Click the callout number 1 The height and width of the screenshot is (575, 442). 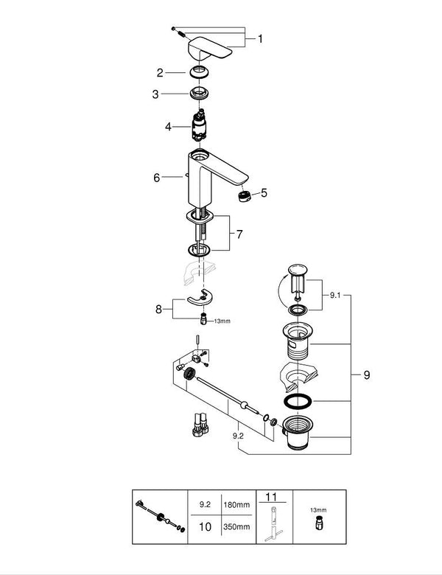[259, 38]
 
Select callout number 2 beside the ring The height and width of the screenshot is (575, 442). [158, 72]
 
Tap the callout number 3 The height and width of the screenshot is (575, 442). [155, 94]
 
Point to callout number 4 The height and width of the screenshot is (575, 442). [168, 127]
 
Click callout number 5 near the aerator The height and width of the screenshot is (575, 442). [264, 193]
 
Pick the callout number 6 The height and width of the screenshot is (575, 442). [156, 178]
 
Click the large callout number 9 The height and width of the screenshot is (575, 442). [367, 374]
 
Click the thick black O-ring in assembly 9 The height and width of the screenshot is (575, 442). [297, 402]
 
